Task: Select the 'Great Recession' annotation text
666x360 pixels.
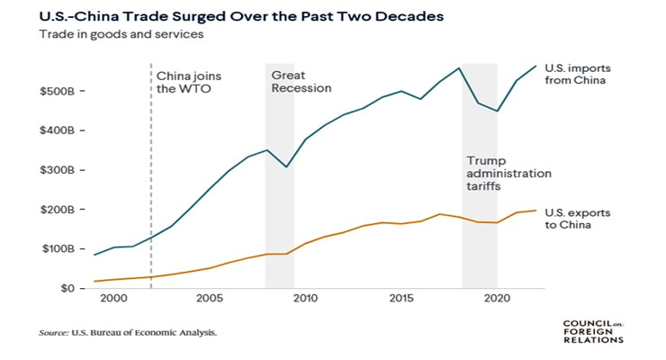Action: (x=301, y=83)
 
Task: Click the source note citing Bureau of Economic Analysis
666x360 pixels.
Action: (x=128, y=332)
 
